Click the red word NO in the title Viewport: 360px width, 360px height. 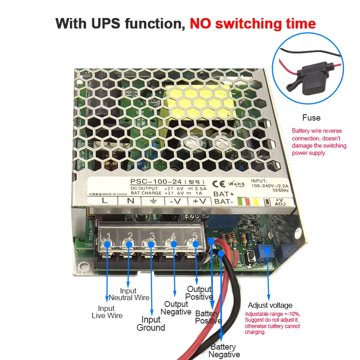tap(202, 23)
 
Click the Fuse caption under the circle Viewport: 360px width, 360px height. tap(311, 118)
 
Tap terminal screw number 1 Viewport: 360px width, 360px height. tap(108, 244)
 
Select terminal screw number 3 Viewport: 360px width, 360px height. tap(152, 244)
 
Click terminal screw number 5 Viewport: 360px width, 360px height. tap(195, 244)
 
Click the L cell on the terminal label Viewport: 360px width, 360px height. tap(104, 201)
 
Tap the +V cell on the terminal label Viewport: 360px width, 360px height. tap(198, 201)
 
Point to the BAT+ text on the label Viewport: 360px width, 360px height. tap(224, 193)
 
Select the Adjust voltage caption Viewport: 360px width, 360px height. tap(270, 306)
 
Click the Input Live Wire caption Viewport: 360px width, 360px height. tap(107, 312)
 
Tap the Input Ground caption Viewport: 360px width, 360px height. tap(151, 324)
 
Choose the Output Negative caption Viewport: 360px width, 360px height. tap(176, 308)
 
